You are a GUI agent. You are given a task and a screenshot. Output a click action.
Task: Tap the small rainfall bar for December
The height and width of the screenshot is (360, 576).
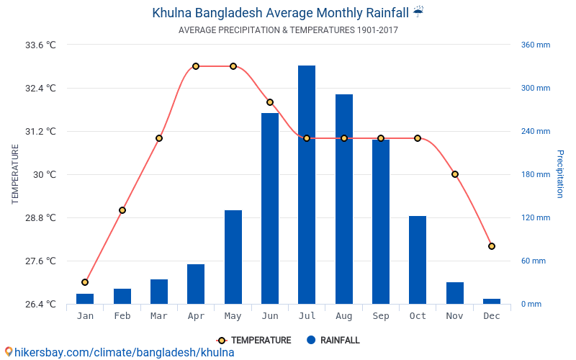tap(492, 301)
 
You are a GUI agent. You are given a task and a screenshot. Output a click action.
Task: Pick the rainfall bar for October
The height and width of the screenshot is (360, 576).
tap(418, 260)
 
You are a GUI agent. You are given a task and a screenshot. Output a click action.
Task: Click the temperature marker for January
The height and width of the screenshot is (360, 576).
tap(85, 282)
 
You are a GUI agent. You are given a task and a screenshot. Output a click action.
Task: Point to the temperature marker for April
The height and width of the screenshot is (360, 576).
tap(196, 66)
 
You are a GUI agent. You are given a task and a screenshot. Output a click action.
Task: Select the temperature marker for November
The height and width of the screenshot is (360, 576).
tap(455, 174)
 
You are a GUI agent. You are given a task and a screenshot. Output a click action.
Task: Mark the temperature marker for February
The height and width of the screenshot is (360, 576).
tap(122, 210)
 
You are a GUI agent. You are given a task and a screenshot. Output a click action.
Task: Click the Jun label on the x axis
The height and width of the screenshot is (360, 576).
tap(270, 316)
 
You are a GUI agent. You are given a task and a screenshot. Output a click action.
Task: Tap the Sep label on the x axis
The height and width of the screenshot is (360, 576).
tap(381, 316)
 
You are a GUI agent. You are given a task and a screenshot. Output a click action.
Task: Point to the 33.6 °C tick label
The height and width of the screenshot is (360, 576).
tap(40, 45)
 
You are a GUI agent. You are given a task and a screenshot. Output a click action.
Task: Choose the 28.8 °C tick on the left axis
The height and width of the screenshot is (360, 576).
tap(40, 217)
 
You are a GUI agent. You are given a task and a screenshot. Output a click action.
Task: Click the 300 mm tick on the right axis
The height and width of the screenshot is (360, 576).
tap(535, 88)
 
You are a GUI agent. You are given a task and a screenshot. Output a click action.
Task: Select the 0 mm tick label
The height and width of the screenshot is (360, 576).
tap(531, 304)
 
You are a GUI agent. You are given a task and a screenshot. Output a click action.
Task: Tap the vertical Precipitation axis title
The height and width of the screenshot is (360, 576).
tap(559, 174)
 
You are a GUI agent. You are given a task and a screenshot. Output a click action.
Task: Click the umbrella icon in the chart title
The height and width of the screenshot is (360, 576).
tap(419, 12)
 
